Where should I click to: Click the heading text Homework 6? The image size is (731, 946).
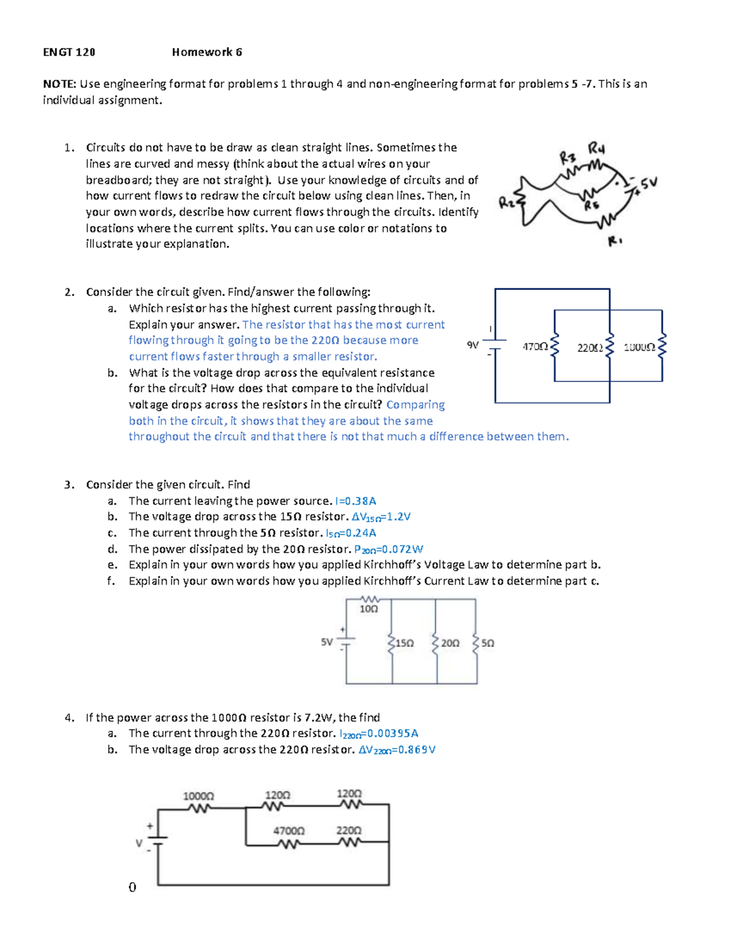pyautogui.click(x=207, y=52)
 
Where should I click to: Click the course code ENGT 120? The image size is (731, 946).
pyautogui.click(x=69, y=52)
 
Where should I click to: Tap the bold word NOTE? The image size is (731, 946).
pyautogui.click(x=60, y=84)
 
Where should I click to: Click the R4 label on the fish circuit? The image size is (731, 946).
pyautogui.click(x=596, y=149)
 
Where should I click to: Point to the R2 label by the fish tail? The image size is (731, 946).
pyautogui.click(x=506, y=203)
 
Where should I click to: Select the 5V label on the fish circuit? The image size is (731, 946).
pyautogui.click(x=648, y=182)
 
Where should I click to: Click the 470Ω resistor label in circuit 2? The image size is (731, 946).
pyautogui.click(x=535, y=347)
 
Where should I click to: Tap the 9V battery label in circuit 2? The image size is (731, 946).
pyautogui.click(x=473, y=345)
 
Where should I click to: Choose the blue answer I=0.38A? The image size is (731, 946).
pyautogui.click(x=355, y=501)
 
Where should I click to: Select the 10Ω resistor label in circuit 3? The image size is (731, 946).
pyautogui.click(x=369, y=609)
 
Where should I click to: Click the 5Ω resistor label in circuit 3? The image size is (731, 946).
pyautogui.click(x=488, y=643)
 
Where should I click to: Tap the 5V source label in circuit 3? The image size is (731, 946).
pyautogui.click(x=327, y=642)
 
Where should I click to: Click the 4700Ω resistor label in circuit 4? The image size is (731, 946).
pyautogui.click(x=289, y=831)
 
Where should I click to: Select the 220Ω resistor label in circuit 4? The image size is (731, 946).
pyautogui.click(x=349, y=830)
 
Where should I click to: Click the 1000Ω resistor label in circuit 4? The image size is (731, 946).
pyautogui.click(x=199, y=796)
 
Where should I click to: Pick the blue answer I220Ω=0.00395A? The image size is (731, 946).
pyautogui.click(x=378, y=734)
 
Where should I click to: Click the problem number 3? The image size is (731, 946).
pyautogui.click(x=68, y=485)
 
